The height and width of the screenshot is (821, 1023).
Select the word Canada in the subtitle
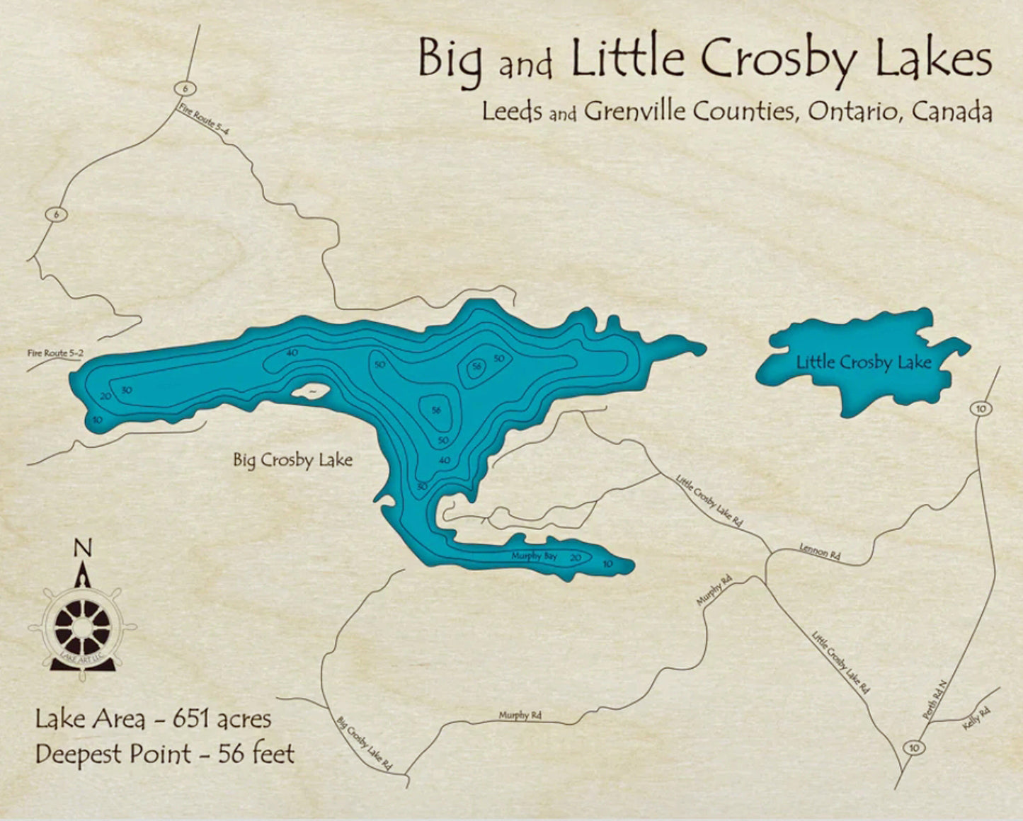[952, 111]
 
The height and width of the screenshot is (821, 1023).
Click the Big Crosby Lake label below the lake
[293, 460]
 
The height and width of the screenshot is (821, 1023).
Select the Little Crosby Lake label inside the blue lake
[864, 362]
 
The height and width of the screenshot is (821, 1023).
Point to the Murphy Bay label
[535, 556]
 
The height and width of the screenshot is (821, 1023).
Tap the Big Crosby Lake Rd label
[364, 744]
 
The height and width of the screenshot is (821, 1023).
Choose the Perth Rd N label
[935, 701]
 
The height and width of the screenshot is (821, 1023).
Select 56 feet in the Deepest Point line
[256, 754]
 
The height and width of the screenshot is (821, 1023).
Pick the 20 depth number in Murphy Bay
[576, 558]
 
